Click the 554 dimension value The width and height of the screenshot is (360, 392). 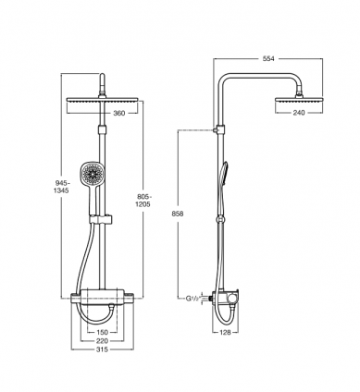coord(268,58)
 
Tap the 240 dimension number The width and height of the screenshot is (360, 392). coord(299,113)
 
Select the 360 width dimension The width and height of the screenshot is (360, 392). coord(119,114)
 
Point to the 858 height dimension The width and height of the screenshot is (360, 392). coord(178,214)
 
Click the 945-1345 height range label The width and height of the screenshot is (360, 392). coord(61,187)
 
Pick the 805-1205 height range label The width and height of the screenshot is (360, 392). coord(143,201)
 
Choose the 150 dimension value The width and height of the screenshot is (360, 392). coord(102,332)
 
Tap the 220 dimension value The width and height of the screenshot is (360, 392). coord(102,341)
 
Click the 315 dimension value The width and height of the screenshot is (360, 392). coord(102,349)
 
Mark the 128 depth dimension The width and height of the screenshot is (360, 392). coord(226,332)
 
